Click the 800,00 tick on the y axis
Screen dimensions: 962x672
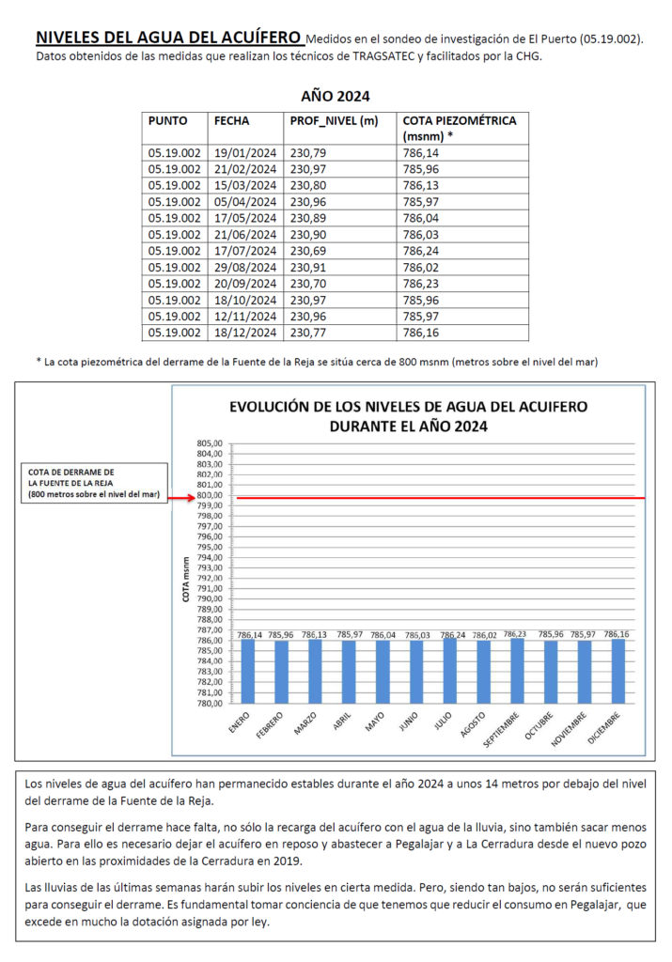coord(211,496)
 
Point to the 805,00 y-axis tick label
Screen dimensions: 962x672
coord(211,443)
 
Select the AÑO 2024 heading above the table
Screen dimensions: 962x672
coord(336,96)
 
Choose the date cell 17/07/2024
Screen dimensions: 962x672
coord(244,251)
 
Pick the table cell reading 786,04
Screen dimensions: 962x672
coord(423,218)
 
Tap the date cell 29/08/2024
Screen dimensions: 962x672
coord(244,267)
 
